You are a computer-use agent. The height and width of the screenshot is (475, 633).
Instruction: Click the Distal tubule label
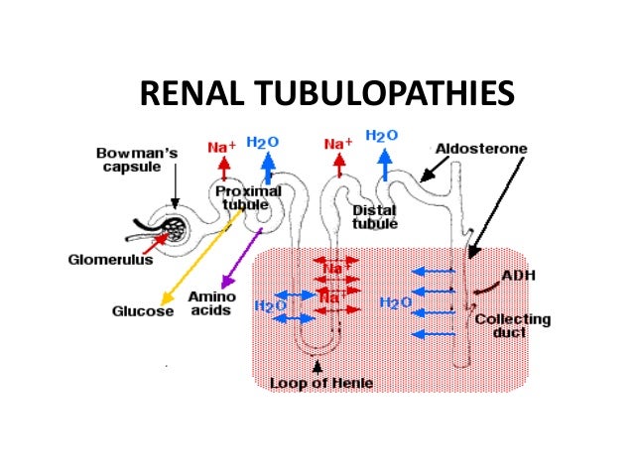pyautogui.click(x=375, y=217)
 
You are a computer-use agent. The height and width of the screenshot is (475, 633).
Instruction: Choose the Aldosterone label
pyautogui.click(x=481, y=149)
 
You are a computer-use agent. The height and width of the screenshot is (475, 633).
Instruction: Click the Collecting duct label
pyautogui.click(x=513, y=327)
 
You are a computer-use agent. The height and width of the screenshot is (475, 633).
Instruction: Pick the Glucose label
pyautogui.click(x=138, y=311)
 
